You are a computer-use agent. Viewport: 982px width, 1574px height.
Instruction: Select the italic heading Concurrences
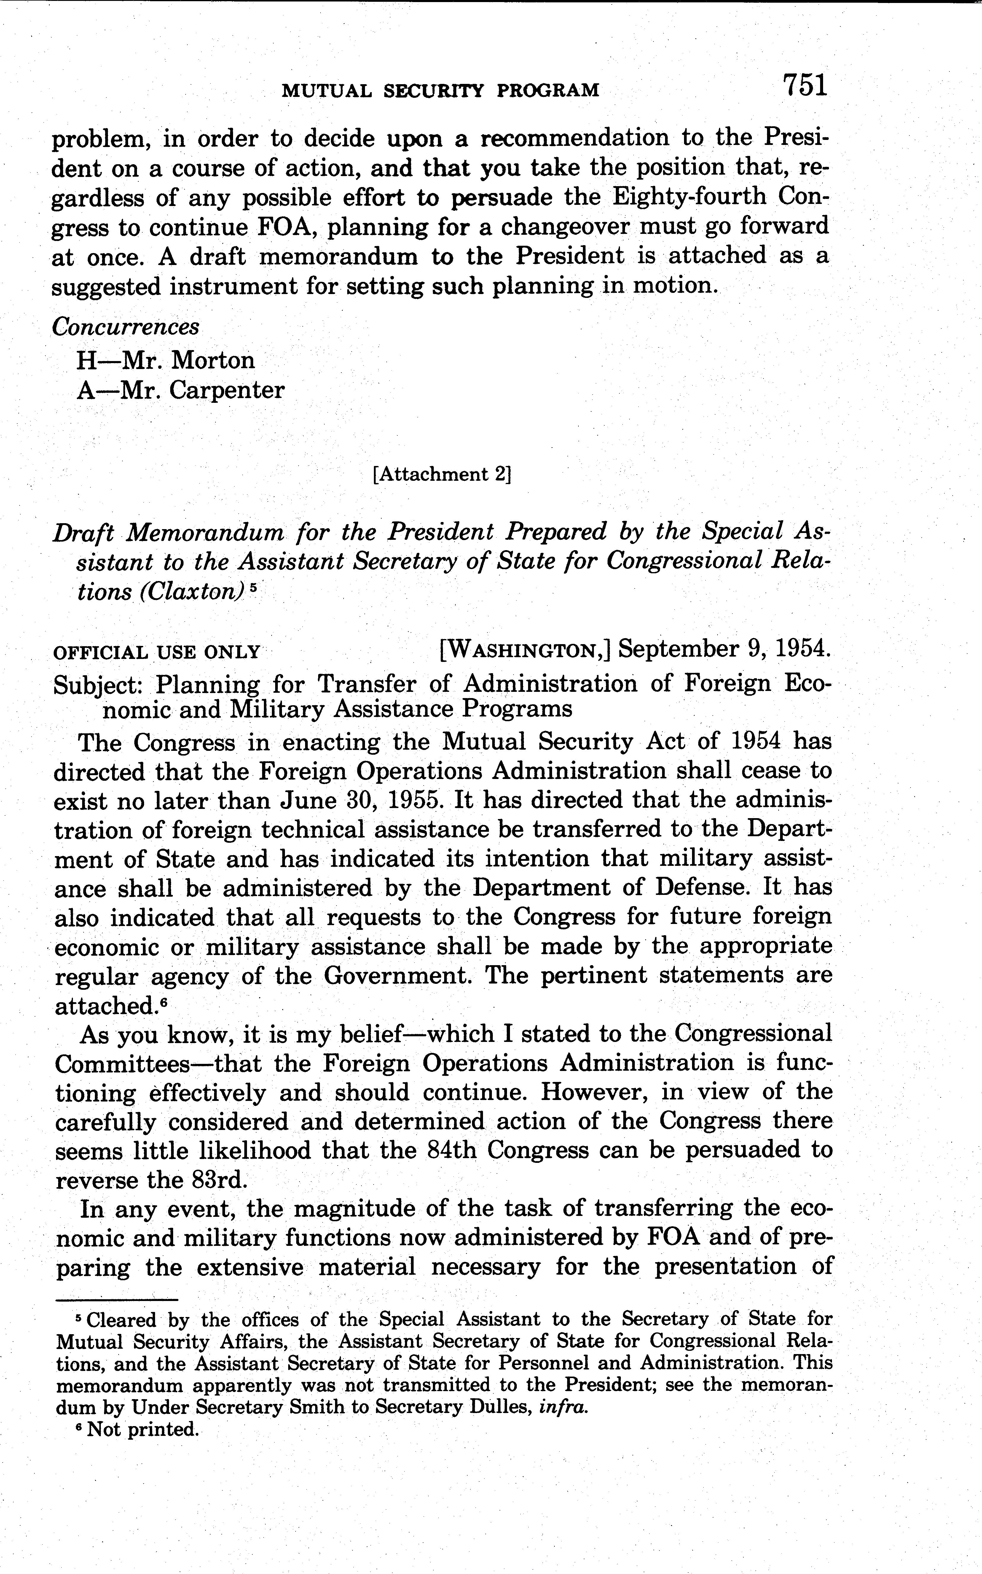125,327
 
